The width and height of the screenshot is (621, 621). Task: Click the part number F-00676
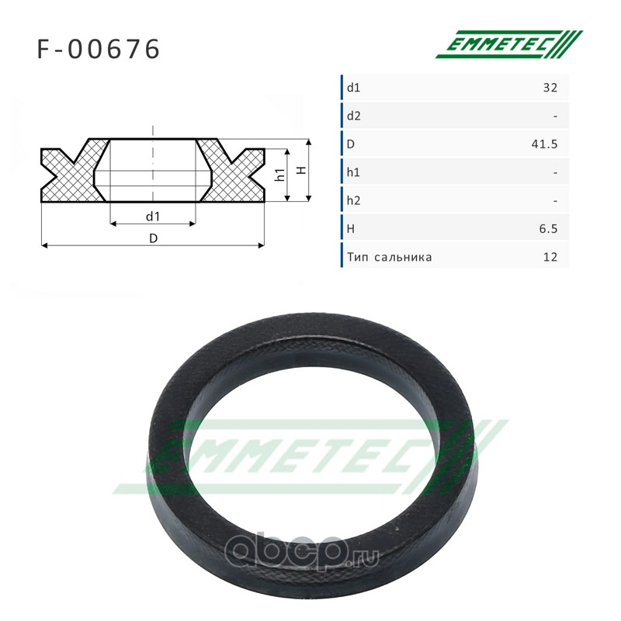point(99,49)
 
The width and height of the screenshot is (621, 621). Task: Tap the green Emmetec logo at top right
point(509,44)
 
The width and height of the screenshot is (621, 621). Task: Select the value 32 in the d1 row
point(550,88)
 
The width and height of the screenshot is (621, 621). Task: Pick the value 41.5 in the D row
point(545,144)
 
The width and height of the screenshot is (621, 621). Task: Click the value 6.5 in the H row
point(548,229)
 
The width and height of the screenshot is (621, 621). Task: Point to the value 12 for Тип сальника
point(550,257)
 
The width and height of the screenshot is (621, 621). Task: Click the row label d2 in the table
point(354,116)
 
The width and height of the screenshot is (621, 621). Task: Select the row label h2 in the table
point(354,201)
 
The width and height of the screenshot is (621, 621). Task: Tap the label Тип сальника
point(390,258)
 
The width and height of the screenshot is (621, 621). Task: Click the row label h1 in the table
point(353,172)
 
